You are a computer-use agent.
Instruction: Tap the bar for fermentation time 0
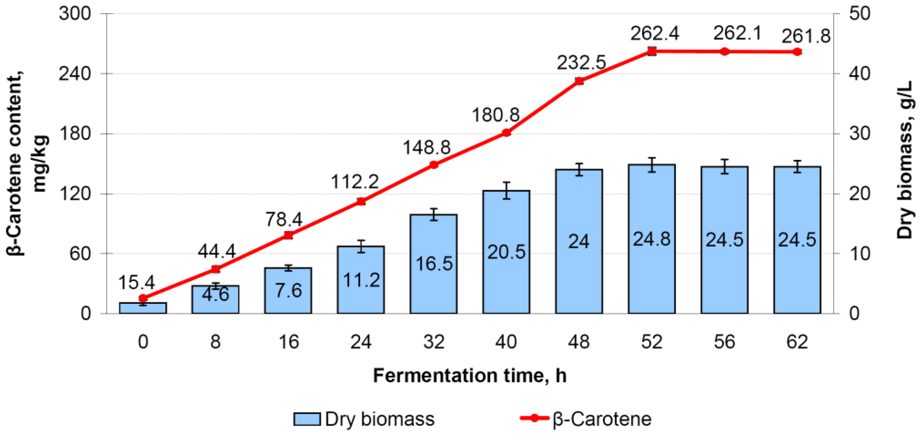143,308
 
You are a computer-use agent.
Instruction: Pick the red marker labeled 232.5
579,81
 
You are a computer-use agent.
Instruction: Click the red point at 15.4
143,298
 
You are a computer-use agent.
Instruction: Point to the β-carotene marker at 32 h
434,165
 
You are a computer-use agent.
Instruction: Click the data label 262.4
654,34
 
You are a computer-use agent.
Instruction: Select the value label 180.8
495,115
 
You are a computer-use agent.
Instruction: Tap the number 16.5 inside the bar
434,264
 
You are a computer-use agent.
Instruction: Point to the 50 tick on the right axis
859,14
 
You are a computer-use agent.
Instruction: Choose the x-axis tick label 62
797,342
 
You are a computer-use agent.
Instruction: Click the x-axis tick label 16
288,342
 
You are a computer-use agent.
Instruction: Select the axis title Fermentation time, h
469,375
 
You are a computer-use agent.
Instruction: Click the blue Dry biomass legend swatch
307,419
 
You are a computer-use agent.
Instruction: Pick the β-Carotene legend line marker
535,418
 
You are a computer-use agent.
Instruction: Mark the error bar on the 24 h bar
361,246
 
